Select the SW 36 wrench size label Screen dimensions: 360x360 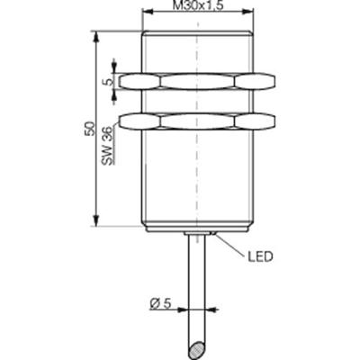pyautogui.click(x=107, y=144)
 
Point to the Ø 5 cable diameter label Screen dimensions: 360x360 pyautogui.click(x=160, y=304)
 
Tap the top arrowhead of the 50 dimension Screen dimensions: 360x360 pyautogui.click(x=94, y=37)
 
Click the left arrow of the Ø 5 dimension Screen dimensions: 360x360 pyautogui.click(x=184, y=304)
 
